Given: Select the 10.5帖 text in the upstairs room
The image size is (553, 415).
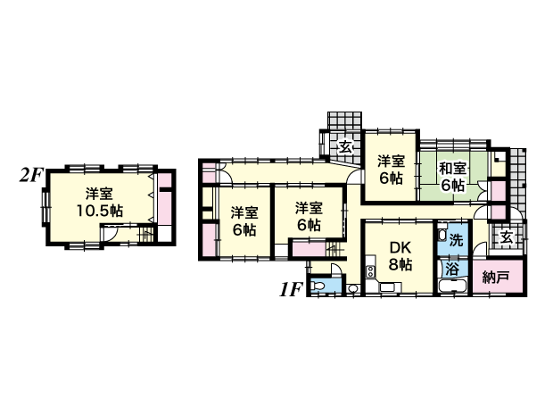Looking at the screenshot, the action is click(x=100, y=211).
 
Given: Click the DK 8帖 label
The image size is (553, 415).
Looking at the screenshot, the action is click(x=400, y=256).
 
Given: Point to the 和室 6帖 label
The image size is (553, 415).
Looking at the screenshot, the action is click(x=452, y=177).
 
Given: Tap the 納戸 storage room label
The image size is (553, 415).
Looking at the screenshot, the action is click(x=496, y=278).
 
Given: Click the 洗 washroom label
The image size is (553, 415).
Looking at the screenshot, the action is click(x=456, y=240).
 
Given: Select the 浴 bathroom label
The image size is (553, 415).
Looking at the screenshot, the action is click(x=452, y=270).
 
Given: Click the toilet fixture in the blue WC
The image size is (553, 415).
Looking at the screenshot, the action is click(x=318, y=286).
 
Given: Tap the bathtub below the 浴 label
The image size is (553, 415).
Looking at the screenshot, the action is click(x=452, y=286).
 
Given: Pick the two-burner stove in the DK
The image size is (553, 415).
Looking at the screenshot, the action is click(x=370, y=271).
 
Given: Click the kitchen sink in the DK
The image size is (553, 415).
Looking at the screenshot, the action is click(x=391, y=287).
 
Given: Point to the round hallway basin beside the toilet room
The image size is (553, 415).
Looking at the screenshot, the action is click(x=351, y=289).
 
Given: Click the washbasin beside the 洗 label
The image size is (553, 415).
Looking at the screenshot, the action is click(x=442, y=235).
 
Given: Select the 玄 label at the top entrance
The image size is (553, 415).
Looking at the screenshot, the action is click(x=346, y=146).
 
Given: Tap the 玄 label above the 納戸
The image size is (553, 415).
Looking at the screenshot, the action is click(x=508, y=237).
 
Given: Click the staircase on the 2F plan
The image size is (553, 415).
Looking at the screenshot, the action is click(x=146, y=235).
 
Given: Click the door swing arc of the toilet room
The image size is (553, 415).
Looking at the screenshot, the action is click(x=336, y=269).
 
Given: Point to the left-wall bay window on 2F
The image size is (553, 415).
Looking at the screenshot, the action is click(x=45, y=207).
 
